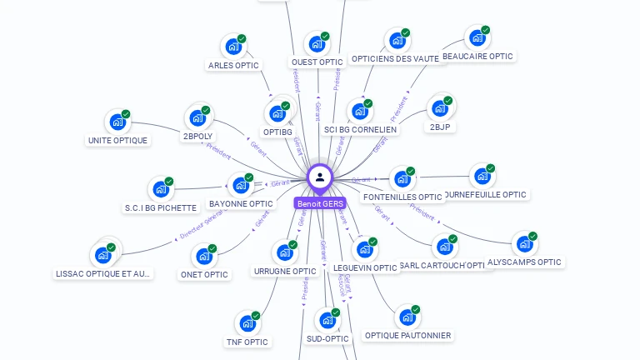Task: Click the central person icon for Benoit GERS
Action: (x=320, y=177)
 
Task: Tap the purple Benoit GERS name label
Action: (x=320, y=203)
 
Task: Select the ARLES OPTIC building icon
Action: (x=232, y=47)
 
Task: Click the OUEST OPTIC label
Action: (x=317, y=62)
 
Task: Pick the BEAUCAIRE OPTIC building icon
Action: (x=477, y=37)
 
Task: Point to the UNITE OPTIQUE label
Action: (x=117, y=140)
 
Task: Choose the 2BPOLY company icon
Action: (x=197, y=118)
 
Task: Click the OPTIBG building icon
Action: (x=277, y=113)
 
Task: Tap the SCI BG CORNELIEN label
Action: (x=361, y=129)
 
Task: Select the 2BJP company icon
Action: (x=439, y=108)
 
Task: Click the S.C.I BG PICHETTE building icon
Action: (x=160, y=190)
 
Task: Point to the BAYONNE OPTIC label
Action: (x=241, y=203)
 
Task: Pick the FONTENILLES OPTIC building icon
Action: (x=402, y=178)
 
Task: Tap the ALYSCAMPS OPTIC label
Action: (x=524, y=262)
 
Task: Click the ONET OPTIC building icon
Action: (x=203, y=257)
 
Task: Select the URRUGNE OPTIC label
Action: (x=285, y=271)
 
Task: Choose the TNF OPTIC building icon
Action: (x=247, y=323)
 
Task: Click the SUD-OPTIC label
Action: (x=327, y=338)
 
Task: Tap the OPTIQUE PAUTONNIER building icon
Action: (x=407, y=317)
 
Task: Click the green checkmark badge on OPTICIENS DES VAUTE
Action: (x=406, y=33)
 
